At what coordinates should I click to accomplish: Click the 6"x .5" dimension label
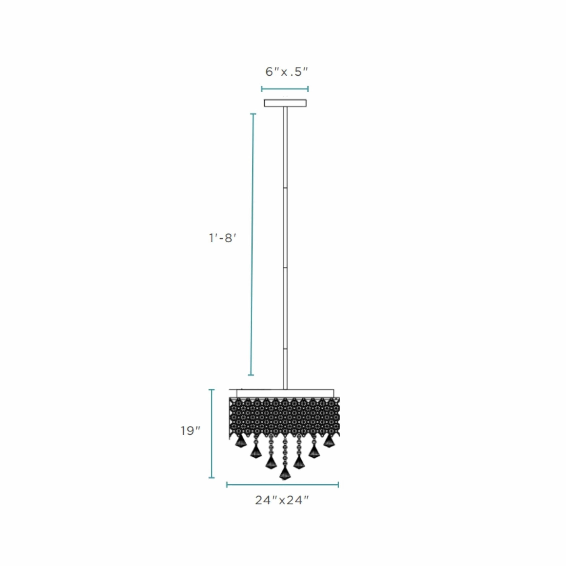coord(287,72)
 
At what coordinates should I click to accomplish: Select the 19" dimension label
coord(190,431)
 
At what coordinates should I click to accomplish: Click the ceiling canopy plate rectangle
coord(285,103)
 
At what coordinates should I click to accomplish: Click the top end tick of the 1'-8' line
coord(253,114)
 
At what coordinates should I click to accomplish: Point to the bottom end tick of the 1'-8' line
coord(251,375)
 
